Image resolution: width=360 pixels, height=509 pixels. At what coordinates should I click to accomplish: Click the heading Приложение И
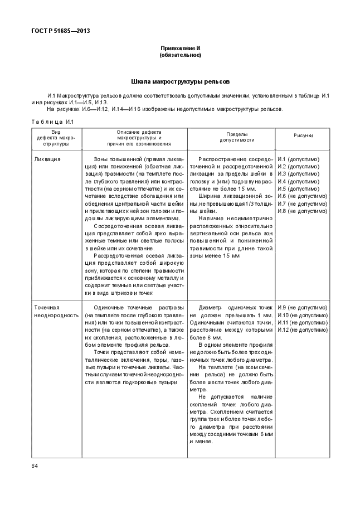180,49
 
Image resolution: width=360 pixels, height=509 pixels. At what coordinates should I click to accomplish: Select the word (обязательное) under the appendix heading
180,55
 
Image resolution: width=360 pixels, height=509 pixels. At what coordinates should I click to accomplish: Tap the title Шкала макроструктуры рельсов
180,81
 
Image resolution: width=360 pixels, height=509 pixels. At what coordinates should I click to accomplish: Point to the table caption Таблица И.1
52,122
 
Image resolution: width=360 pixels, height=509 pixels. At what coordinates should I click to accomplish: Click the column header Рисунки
303,135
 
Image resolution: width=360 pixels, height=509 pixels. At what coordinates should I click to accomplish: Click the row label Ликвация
47,159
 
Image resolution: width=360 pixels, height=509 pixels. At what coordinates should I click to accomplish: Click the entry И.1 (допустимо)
298,159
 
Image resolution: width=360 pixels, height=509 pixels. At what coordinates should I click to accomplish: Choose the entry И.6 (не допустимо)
302,196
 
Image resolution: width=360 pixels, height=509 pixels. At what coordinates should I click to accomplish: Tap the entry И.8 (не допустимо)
302,211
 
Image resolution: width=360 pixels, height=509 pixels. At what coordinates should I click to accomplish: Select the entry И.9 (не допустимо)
302,308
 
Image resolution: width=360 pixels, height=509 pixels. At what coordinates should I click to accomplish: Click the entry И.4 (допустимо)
298,182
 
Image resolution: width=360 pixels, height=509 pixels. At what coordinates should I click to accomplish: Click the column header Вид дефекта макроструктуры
53,138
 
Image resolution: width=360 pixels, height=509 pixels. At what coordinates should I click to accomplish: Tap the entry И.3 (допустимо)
298,174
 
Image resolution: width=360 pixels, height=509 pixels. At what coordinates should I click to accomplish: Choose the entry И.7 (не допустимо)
302,203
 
